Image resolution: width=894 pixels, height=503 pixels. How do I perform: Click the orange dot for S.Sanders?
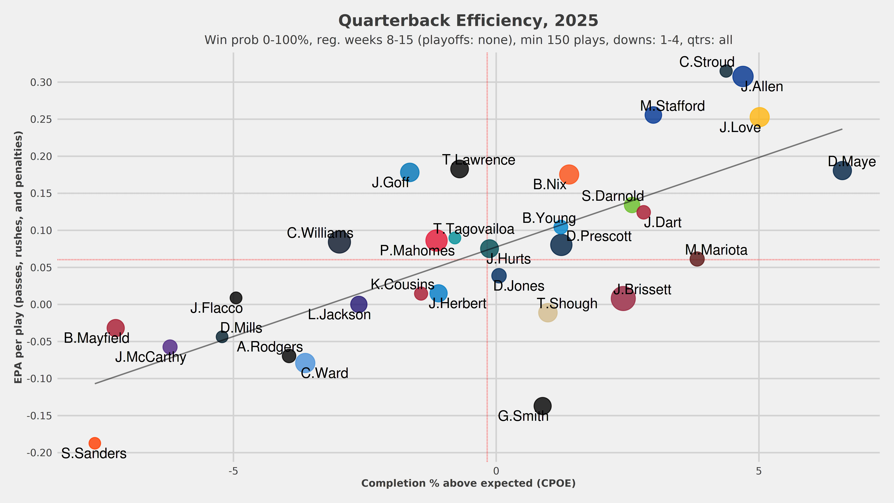(x=95, y=443)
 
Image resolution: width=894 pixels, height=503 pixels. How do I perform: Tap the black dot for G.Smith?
(x=542, y=406)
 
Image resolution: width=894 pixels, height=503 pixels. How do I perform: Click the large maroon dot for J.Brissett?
(x=623, y=298)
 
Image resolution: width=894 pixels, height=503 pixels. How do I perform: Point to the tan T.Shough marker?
(x=548, y=312)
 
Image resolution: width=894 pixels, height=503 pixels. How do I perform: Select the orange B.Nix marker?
(x=569, y=174)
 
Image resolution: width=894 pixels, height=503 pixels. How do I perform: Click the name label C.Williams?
(x=320, y=233)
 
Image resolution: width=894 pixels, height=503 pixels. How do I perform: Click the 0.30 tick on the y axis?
(x=41, y=82)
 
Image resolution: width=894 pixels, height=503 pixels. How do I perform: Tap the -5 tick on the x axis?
(x=233, y=471)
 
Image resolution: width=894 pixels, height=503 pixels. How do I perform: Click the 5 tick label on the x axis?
(x=759, y=471)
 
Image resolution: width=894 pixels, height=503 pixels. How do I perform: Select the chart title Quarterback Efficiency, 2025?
(x=468, y=21)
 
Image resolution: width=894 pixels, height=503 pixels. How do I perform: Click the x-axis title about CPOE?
(x=468, y=483)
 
